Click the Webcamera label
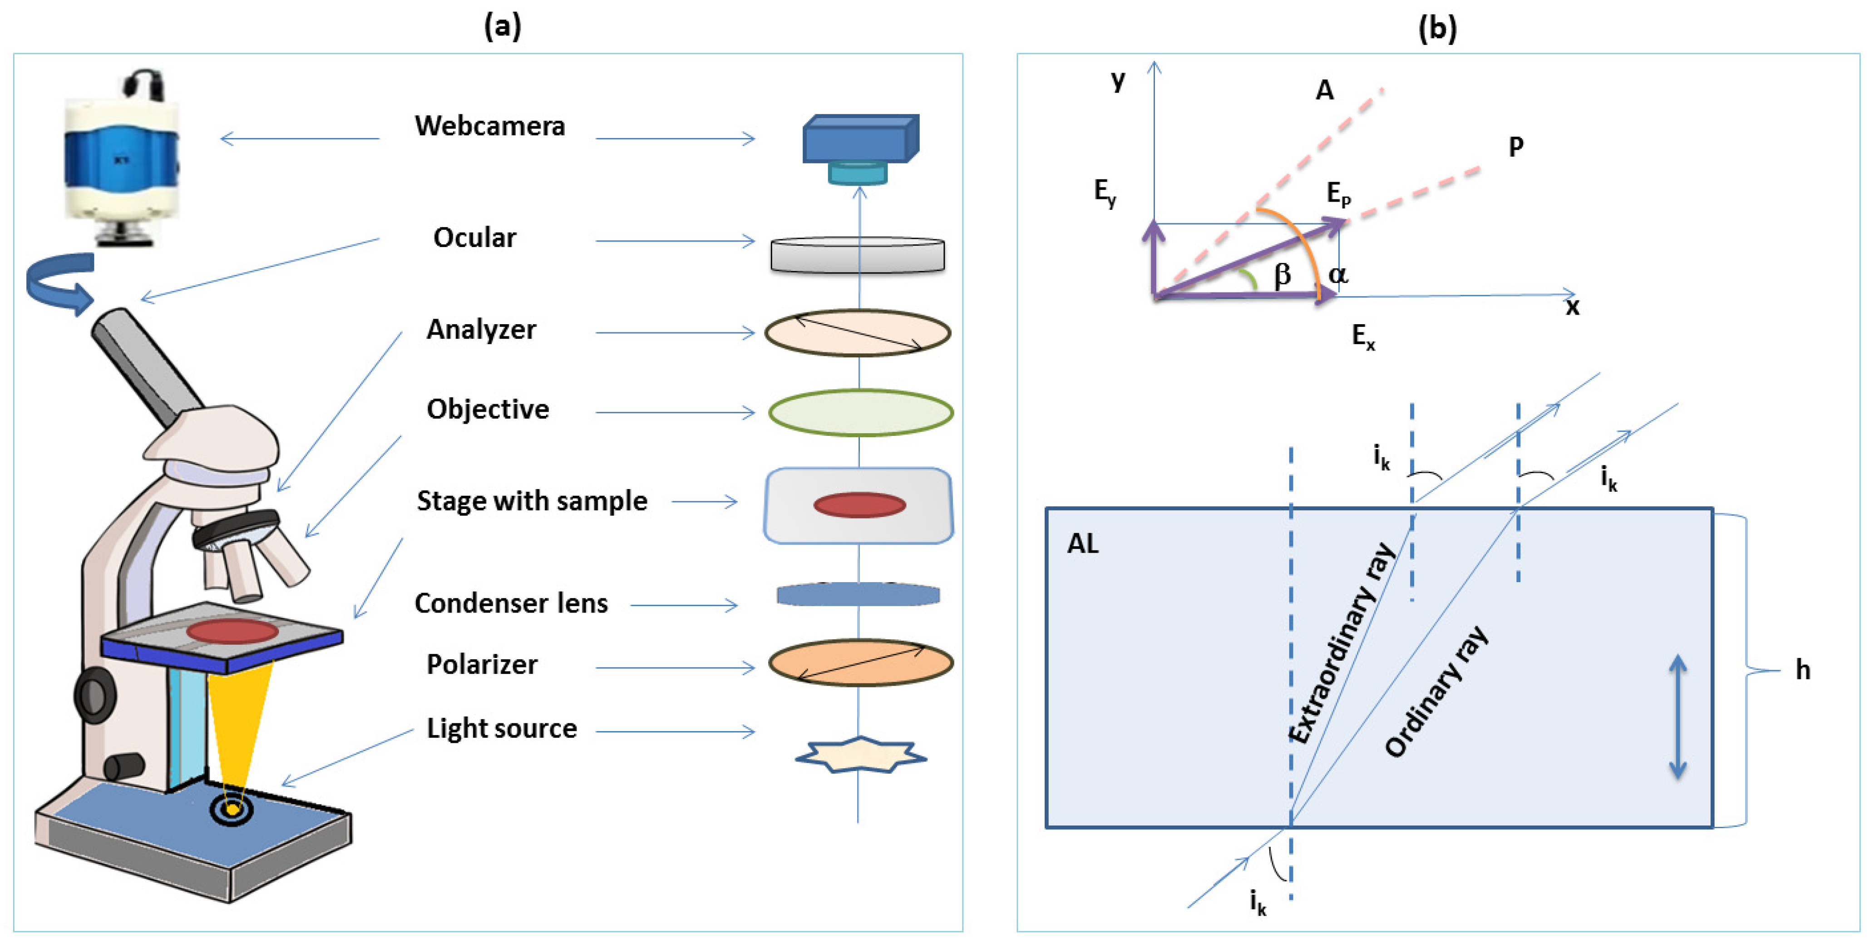click(x=490, y=126)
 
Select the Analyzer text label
click(x=481, y=330)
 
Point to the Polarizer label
click(x=482, y=664)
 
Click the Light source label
click(x=502, y=728)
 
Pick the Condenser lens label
click(x=511, y=603)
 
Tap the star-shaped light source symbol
click(x=861, y=756)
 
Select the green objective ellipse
click(x=861, y=412)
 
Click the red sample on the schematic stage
click(x=859, y=504)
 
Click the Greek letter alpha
click(x=1338, y=275)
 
